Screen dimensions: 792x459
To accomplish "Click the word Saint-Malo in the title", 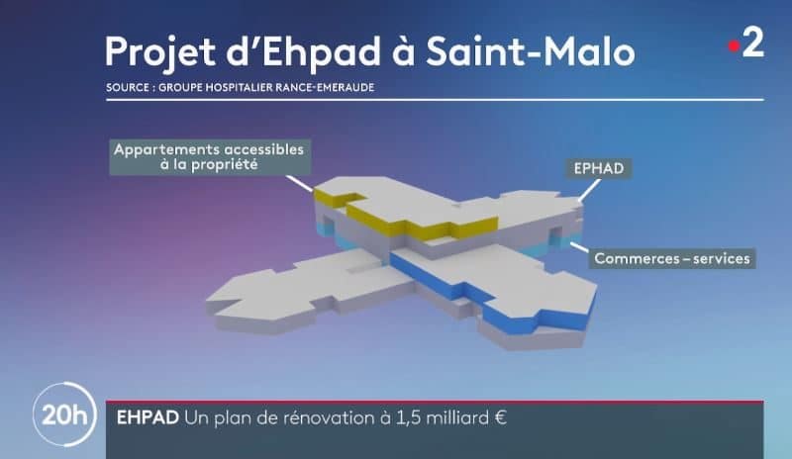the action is [x=531, y=51].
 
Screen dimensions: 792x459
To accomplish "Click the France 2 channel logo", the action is [x=746, y=44].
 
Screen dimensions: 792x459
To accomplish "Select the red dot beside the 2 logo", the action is [x=734, y=46].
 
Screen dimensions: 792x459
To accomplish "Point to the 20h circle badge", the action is [x=64, y=415].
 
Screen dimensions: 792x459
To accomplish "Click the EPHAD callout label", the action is [x=599, y=168].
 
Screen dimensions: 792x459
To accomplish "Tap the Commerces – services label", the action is [x=672, y=258].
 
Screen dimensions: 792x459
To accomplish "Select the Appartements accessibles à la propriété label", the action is [x=210, y=157].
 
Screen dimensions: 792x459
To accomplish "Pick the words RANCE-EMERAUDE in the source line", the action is [x=325, y=87].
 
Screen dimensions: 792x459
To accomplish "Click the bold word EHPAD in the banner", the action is [x=148, y=418].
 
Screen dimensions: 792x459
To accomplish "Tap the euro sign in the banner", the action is [x=501, y=418].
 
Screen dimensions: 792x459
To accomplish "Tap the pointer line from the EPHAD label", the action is [x=589, y=190].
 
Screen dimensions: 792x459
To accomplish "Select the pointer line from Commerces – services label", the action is [x=579, y=247].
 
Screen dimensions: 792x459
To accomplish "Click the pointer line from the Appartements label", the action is [x=299, y=183].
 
